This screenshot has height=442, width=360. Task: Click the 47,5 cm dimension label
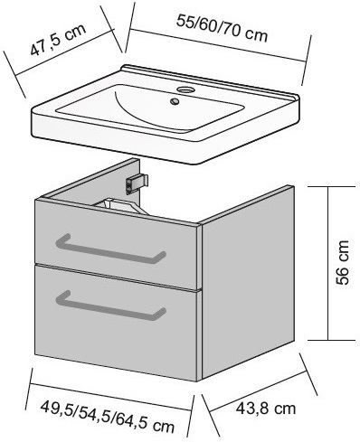tap(58, 40)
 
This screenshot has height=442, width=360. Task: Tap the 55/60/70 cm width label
tap(222, 29)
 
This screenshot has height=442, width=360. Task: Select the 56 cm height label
tap(342, 262)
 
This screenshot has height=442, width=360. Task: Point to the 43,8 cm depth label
tap(266, 409)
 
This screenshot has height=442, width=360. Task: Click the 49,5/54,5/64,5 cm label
tap(108, 417)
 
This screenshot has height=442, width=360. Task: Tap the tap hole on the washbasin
tap(184, 89)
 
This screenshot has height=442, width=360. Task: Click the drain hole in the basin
tap(175, 101)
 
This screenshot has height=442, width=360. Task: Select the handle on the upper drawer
tap(110, 249)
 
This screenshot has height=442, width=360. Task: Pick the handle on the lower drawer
tap(110, 306)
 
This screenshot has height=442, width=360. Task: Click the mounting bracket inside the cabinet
tap(137, 183)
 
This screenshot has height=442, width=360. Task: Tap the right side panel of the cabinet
tap(248, 282)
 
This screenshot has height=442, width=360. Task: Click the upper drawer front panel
tap(116, 245)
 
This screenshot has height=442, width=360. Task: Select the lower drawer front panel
tap(116, 323)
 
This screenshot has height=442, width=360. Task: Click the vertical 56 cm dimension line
tap(327, 263)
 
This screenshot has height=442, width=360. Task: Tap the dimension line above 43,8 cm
tap(258, 391)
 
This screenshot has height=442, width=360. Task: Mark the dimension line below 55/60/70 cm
tap(218, 45)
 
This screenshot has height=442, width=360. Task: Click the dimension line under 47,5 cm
tap(65, 52)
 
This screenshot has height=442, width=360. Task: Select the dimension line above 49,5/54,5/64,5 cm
tap(110, 397)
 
